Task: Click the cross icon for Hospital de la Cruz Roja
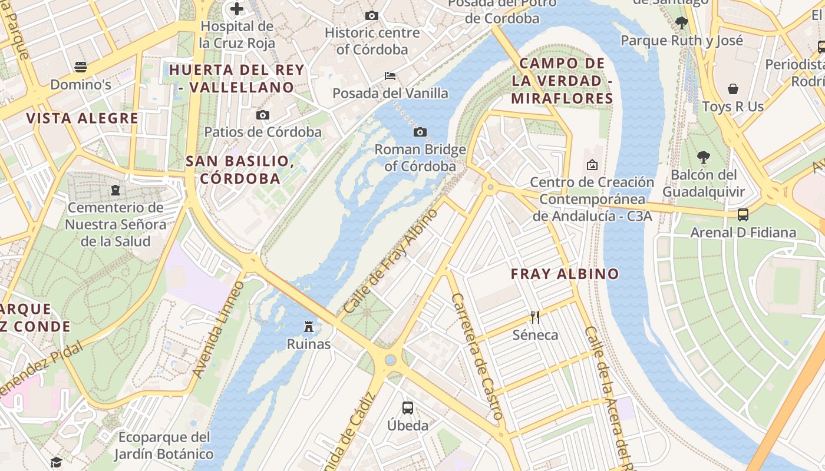click(237, 9)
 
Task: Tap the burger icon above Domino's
click(81, 67)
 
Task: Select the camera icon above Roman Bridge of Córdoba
click(420, 132)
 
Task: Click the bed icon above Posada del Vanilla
click(390, 75)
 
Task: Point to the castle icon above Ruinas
click(308, 326)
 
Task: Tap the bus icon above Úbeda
click(407, 407)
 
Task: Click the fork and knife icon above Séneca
click(535, 317)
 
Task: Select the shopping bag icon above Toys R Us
click(733, 89)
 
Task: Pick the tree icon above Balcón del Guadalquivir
click(703, 157)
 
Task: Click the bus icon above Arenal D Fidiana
click(743, 215)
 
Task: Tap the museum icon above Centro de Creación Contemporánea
click(592, 165)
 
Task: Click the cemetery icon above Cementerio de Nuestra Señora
click(115, 190)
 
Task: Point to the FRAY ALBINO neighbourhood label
click(565, 274)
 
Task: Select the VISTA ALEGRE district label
click(82, 118)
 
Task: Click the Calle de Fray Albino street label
click(391, 261)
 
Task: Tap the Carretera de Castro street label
click(476, 356)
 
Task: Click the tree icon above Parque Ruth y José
click(682, 23)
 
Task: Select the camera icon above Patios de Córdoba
click(263, 115)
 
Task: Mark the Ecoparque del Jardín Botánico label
click(164, 446)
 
